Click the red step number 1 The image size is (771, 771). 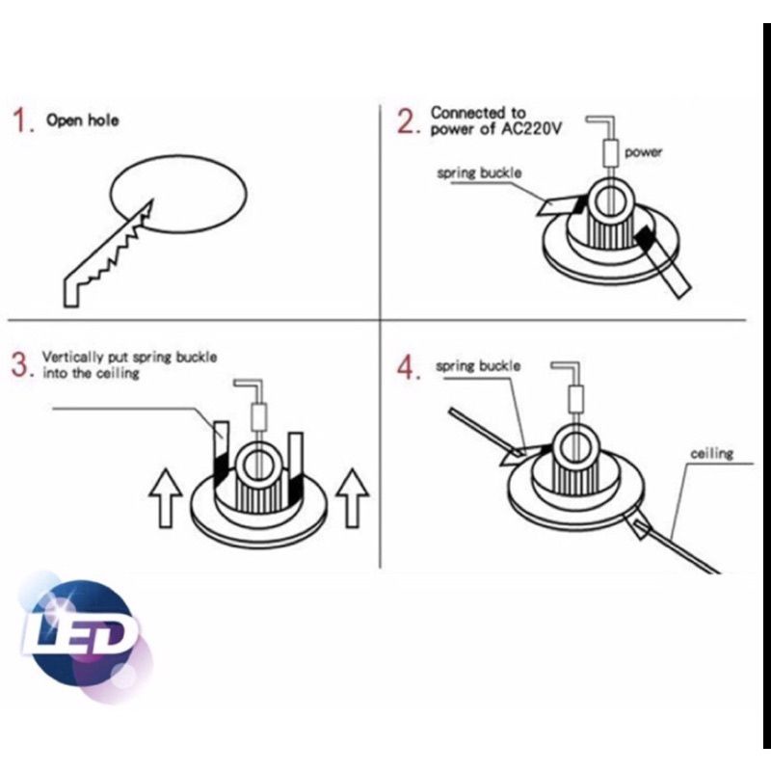(x=20, y=120)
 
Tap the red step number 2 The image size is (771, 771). (x=408, y=121)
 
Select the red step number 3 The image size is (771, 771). (x=20, y=365)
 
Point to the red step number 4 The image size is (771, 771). (x=407, y=368)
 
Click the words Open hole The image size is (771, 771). (x=83, y=120)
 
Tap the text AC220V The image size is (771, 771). (x=530, y=129)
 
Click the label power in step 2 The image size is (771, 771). (x=643, y=152)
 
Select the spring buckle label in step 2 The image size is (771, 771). (x=479, y=173)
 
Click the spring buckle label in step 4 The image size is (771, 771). (x=477, y=366)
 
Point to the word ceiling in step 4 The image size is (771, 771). (x=711, y=453)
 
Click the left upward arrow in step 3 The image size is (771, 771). (x=166, y=498)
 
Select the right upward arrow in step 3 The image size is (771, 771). (x=352, y=498)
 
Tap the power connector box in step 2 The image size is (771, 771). (x=610, y=152)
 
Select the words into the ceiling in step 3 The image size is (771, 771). (x=91, y=373)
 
